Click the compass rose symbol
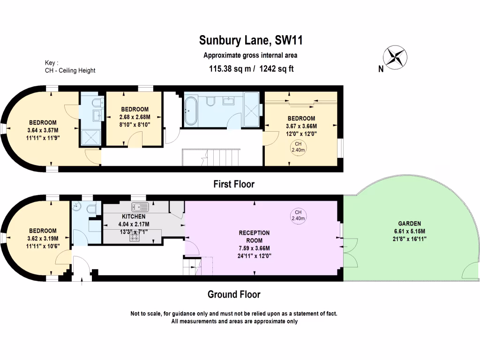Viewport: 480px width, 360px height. click(395, 57)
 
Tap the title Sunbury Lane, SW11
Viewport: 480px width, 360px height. click(251, 40)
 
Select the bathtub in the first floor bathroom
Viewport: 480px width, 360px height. click(191, 111)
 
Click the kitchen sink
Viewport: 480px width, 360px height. click(140, 207)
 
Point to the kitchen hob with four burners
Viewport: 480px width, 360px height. click(135, 237)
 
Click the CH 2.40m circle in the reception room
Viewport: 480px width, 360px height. click(298, 215)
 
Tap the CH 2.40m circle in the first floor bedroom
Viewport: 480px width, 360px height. click(298, 147)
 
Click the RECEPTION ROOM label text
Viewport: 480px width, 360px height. click(254, 237)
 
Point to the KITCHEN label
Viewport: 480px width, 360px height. click(134, 217)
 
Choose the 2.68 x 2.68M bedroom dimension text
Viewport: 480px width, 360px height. click(135, 117)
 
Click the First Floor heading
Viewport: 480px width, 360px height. click(234, 184)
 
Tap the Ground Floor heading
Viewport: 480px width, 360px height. click(234, 294)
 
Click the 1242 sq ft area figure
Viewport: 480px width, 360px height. click(276, 68)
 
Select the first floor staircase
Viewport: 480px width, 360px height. click(210, 157)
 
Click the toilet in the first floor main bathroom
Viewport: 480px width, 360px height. click(210, 101)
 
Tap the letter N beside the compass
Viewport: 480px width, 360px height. click(381, 69)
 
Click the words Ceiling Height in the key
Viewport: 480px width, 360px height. click(77, 70)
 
